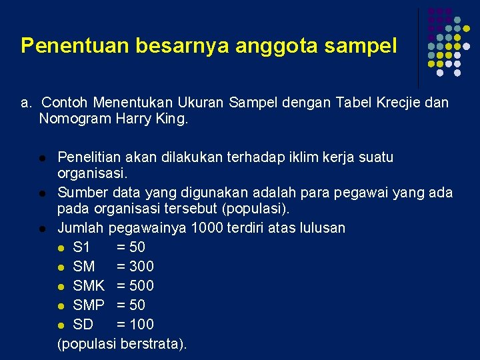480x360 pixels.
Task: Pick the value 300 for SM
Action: pos(141,267)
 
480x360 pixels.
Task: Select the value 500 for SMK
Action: pos(141,286)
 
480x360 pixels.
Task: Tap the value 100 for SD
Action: pos(141,325)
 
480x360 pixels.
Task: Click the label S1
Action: pos(82,247)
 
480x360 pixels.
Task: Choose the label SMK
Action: pos(89,286)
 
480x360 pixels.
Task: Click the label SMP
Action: pos(89,305)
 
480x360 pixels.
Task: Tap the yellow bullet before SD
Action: pos(62,325)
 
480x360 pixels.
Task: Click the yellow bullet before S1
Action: pos(62,248)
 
